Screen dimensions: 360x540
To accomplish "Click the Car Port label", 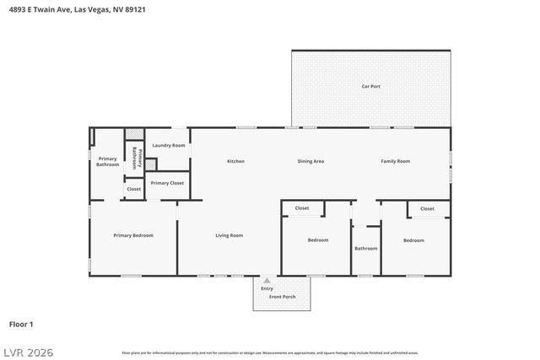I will pyautogui.click(x=370, y=86).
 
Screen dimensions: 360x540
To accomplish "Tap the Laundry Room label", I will pyautogui.click(x=168, y=146).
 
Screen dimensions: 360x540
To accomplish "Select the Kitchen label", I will pyautogui.click(x=235, y=161).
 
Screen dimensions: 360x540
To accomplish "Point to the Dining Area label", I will pyautogui.click(x=310, y=161).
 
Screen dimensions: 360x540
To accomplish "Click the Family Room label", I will pyautogui.click(x=395, y=161).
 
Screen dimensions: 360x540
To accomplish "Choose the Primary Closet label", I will pyautogui.click(x=167, y=183).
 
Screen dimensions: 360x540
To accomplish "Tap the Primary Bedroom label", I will pyautogui.click(x=133, y=235).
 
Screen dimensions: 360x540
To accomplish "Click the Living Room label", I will pyautogui.click(x=229, y=235).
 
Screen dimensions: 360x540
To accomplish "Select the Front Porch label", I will pyautogui.click(x=282, y=297).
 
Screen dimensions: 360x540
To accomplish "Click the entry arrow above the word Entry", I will pyautogui.click(x=267, y=281).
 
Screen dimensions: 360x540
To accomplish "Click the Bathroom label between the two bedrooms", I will pyautogui.click(x=365, y=248).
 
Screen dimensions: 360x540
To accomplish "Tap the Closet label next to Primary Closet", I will pyautogui.click(x=134, y=189).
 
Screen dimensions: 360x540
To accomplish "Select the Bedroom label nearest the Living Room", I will pyautogui.click(x=317, y=240).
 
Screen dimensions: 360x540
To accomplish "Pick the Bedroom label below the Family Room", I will pyautogui.click(x=413, y=240).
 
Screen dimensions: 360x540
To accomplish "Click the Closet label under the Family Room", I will pyautogui.click(x=427, y=208).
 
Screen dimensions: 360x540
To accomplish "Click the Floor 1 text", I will pyautogui.click(x=21, y=324).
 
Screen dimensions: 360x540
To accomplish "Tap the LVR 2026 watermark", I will pyautogui.click(x=27, y=352).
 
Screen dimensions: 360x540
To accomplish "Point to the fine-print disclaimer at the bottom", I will pyautogui.click(x=269, y=352).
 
